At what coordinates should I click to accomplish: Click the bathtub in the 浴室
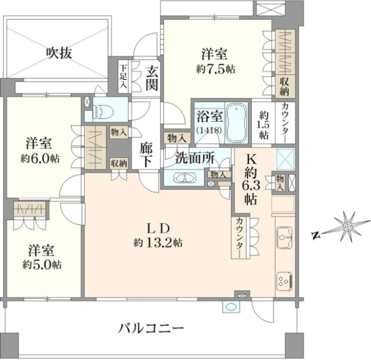tap(237, 123)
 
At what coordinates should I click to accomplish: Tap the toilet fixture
tap(100, 111)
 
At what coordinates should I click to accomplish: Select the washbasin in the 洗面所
tap(184, 178)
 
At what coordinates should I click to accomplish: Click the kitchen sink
tap(284, 237)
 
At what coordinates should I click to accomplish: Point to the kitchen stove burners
tap(284, 281)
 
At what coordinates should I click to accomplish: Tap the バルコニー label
tap(151, 328)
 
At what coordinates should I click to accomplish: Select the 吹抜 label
tap(59, 53)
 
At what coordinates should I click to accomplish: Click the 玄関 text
tap(151, 78)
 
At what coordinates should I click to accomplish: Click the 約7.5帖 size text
tap(215, 69)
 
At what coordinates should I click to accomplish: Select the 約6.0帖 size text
tap(40, 159)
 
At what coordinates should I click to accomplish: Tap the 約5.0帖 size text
tap(42, 265)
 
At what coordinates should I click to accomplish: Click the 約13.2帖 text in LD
tap(158, 242)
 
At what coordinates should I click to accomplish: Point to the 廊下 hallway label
tap(146, 155)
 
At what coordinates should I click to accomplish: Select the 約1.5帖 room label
tap(263, 126)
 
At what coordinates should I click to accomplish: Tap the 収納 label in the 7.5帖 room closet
tap(284, 87)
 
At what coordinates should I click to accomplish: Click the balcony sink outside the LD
tap(231, 307)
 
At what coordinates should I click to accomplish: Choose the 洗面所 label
tap(195, 158)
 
